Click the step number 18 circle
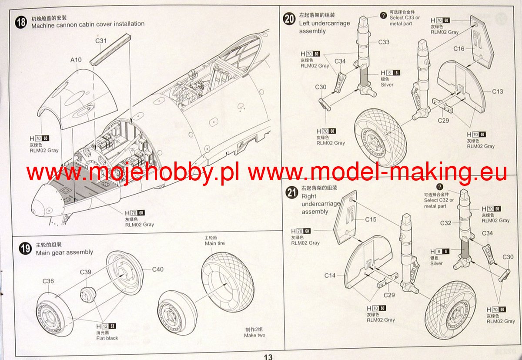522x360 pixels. point(21,23)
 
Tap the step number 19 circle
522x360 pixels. point(26,249)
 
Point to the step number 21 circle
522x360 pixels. point(291,193)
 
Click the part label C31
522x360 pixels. point(101,41)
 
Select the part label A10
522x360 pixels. point(76,60)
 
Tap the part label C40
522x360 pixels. point(157,269)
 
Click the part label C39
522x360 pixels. point(86,272)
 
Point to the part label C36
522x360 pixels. point(48,281)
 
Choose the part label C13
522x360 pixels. point(498,91)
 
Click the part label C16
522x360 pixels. point(459,49)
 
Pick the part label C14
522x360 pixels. point(330,276)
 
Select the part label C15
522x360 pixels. point(371,220)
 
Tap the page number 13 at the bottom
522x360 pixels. point(268,357)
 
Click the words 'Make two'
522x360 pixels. point(254,335)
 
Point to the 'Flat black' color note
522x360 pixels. point(107,338)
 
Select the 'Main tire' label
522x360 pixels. point(215,244)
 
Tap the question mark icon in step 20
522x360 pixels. point(383,16)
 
